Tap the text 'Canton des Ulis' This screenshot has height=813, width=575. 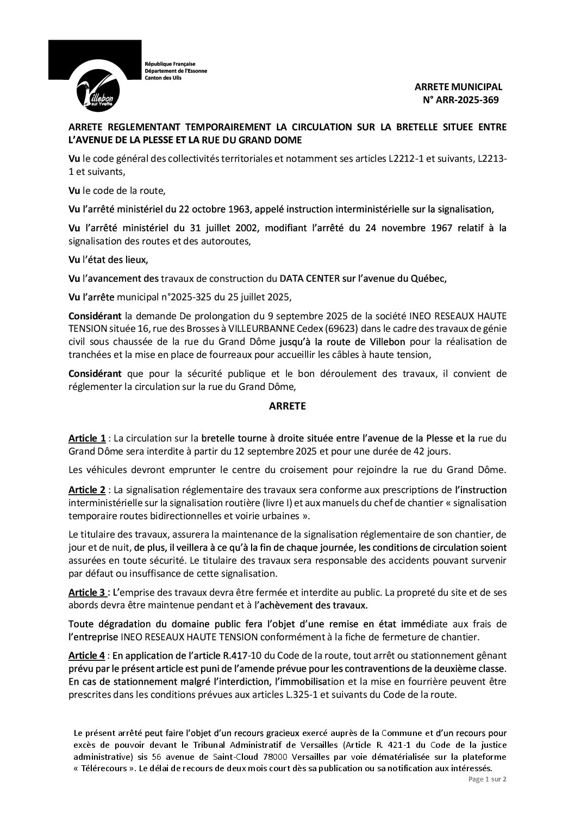pyautogui.click(x=163, y=78)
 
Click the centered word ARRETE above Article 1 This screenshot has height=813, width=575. pyautogui.click(x=287, y=405)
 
